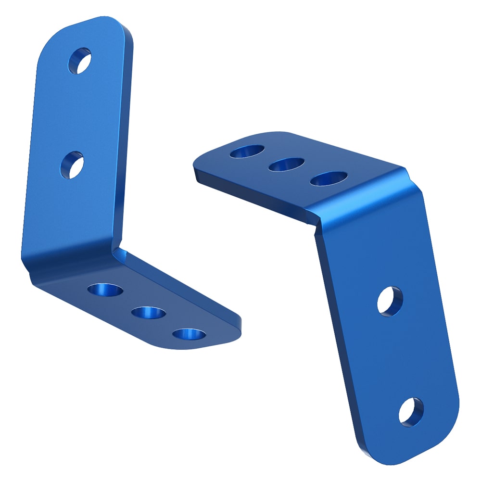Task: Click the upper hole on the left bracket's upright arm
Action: pyautogui.click(x=80, y=61)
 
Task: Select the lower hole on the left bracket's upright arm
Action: pyautogui.click(x=73, y=165)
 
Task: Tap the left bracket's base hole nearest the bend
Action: pyautogui.click(x=105, y=290)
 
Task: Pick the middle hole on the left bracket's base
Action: pyautogui.click(x=148, y=313)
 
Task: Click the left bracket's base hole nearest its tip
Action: pyautogui.click(x=188, y=334)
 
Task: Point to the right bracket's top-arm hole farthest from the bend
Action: pyautogui.click(x=247, y=152)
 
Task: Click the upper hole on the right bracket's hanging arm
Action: pyautogui.click(x=390, y=301)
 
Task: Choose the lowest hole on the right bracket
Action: pyautogui.click(x=411, y=412)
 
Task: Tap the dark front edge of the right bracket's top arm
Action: pyautogui.click(x=250, y=190)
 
